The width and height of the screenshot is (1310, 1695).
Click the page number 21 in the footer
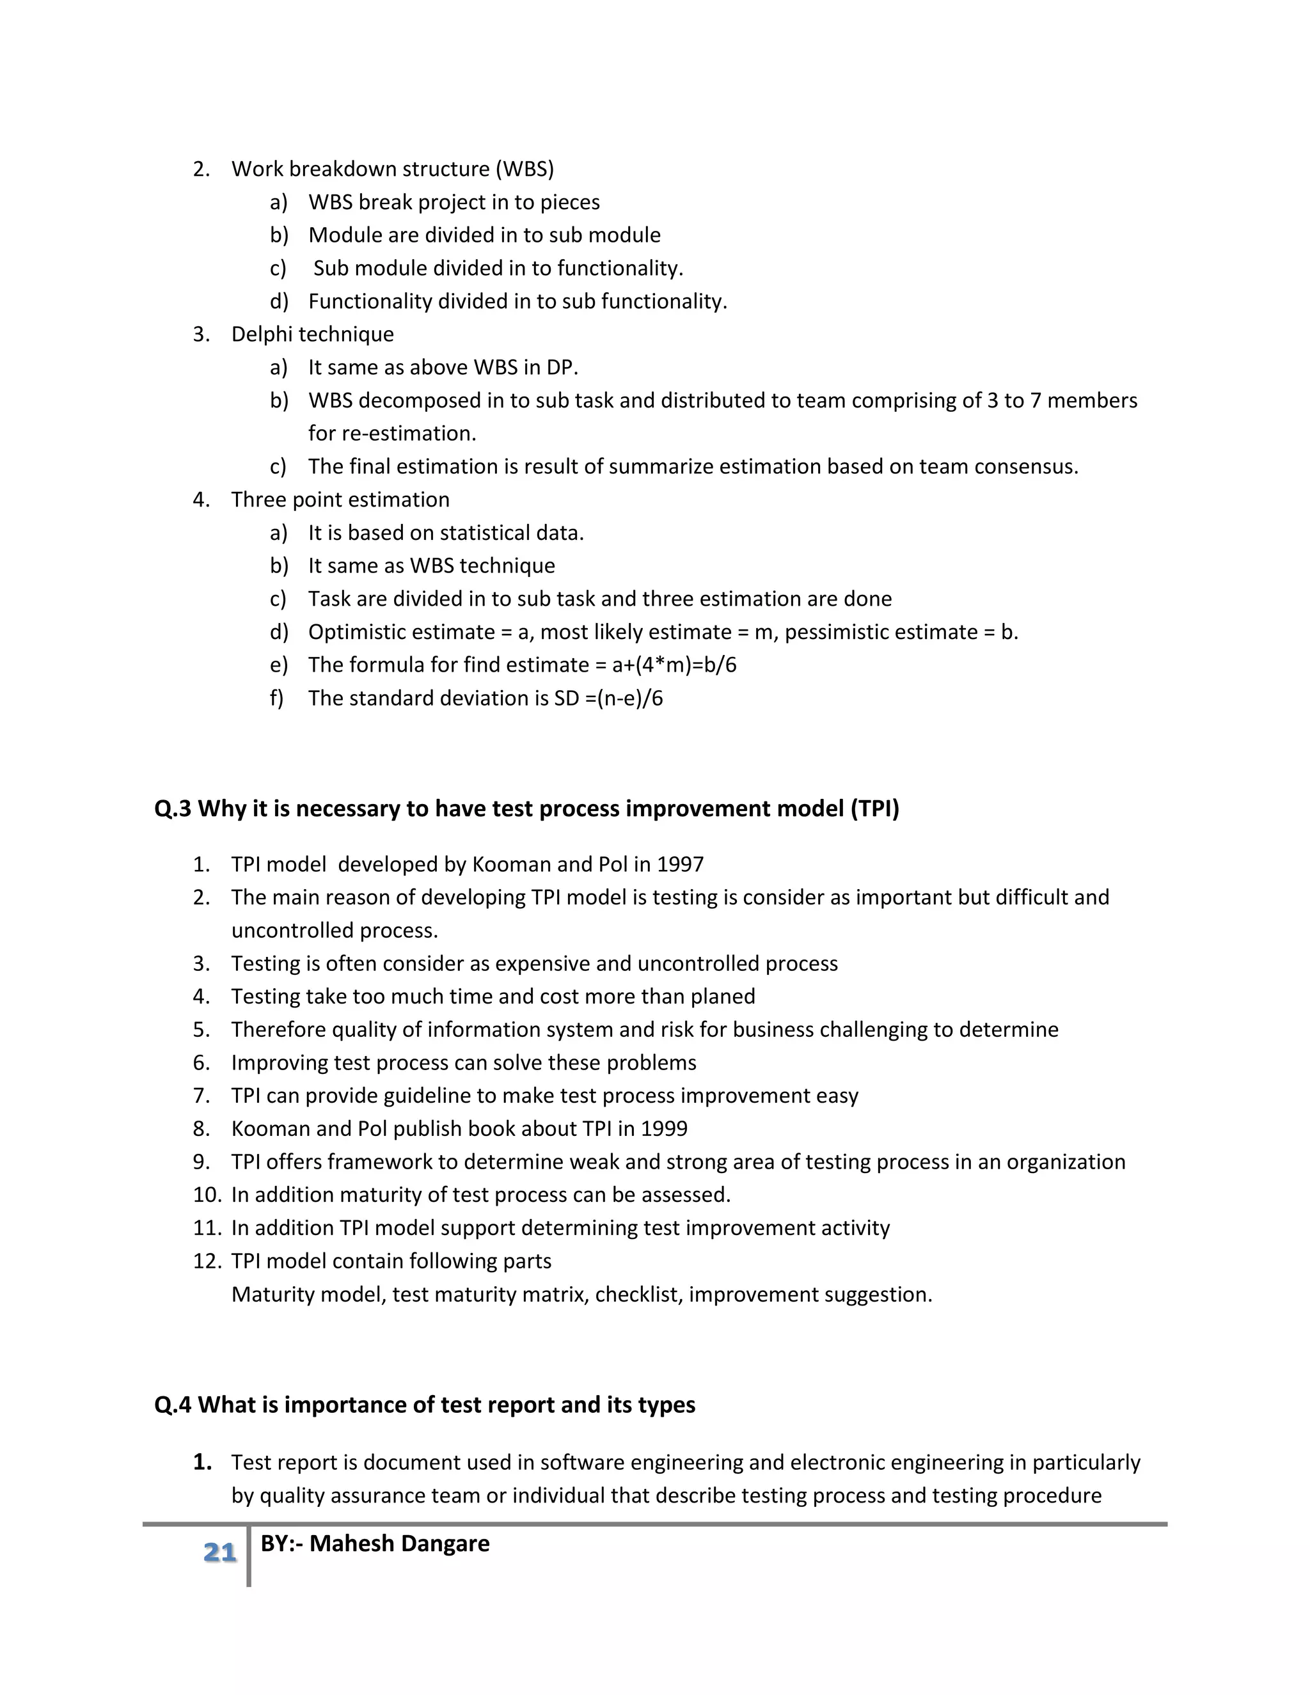(219, 1552)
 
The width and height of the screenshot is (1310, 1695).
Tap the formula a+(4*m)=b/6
(674, 665)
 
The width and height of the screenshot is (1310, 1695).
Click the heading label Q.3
(172, 808)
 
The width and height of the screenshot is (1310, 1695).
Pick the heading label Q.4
(172, 1405)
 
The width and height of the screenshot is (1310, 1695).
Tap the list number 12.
(207, 1261)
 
